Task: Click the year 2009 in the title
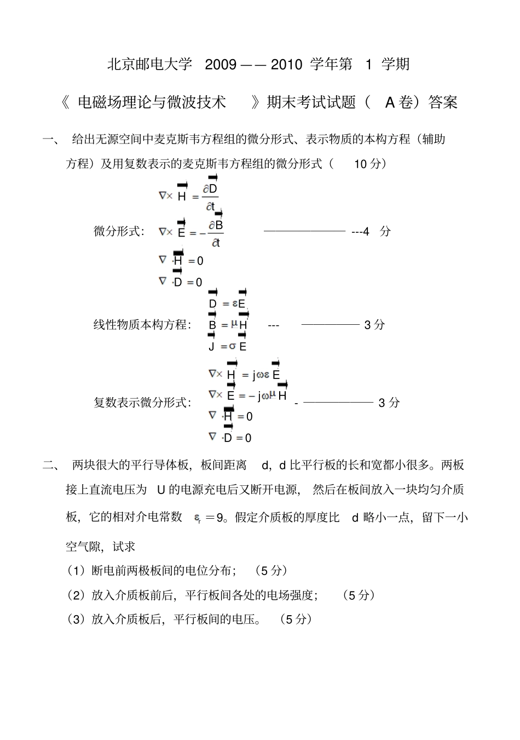click(x=220, y=65)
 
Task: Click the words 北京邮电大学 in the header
click(x=150, y=65)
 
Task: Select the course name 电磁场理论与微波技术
click(x=152, y=102)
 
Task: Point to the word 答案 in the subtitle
click(x=443, y=102)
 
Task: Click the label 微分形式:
click(x=119, y=231)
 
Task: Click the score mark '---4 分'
click(x=371, y=231)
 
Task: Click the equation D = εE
click(x=227, y=303)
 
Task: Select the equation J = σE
click(x=227, y=346)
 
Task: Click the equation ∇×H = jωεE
click(x=244, y=375)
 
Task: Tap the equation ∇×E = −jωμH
click(x=247, y=395)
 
